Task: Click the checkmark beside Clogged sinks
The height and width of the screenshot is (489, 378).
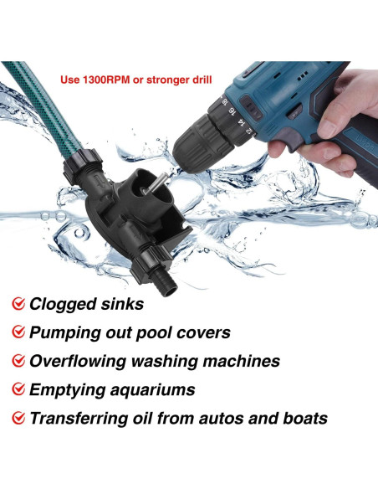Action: pyautogui.click(x=18, y=304)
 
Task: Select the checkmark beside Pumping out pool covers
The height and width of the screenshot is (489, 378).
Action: pyautogui.click(x=18, y=332)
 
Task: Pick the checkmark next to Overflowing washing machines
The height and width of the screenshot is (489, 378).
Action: pyautogui.click(x=18, y=362)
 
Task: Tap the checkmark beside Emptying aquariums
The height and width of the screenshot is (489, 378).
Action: pyautogui.click(x=18, y=390)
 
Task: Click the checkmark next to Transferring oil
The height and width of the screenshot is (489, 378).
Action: pyautogui.click(x=18, y=419)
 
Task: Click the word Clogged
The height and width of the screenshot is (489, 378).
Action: pyautogui.click(x=64, y=304)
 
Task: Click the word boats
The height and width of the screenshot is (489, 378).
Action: pyautogui.click(x=299, y=419)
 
